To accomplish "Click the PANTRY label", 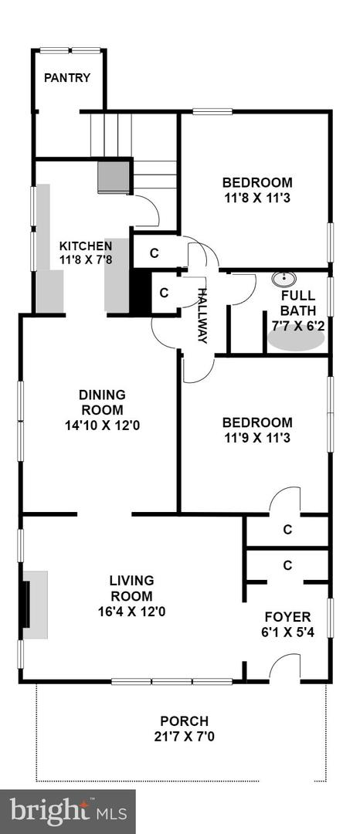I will coord(67,78).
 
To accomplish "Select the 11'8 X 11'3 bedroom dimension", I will coord(257,198).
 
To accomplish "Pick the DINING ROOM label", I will coord(101,402).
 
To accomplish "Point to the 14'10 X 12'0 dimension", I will coord(101,424).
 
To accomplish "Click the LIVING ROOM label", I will coord(131,588).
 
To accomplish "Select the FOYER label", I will coord(287,617).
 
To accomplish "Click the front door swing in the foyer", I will coord(286,666).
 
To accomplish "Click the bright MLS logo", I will coord(68,811).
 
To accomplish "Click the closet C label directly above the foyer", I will coord(287,565).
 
